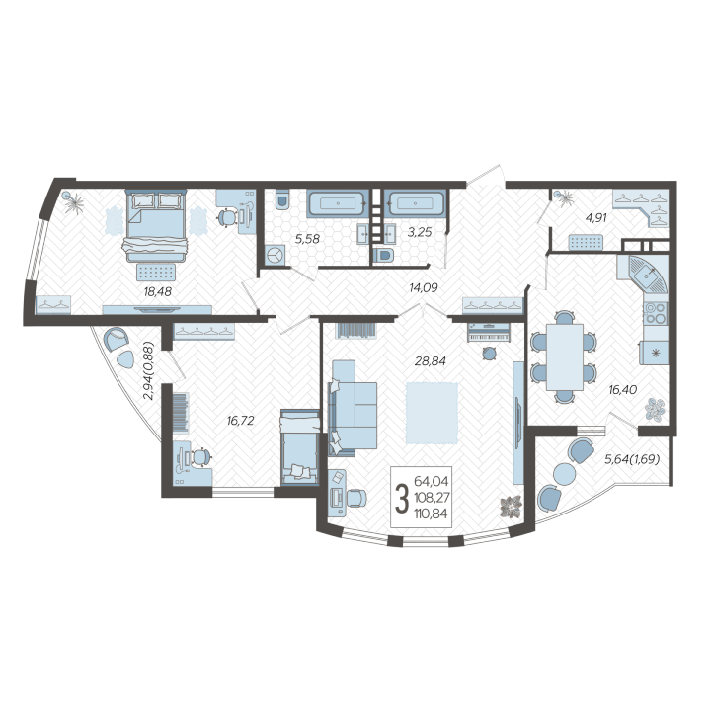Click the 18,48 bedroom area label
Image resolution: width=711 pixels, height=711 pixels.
tap(158, 291)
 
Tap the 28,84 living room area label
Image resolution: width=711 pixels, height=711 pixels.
tap(431, 361)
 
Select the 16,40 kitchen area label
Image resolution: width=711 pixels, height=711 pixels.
tap(622, 389)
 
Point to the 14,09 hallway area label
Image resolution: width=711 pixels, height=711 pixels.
tap(423, 287)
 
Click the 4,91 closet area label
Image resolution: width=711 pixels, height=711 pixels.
tap(595, 217)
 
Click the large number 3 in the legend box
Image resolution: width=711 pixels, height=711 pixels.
tap(401, 498)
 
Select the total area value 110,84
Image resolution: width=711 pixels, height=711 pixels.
tap(431, 513)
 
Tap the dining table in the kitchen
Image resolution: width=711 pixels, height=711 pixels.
tap(565, 356)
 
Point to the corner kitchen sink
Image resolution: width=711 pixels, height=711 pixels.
tap(648, 275)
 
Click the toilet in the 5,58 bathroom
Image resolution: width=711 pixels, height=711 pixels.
tap(282, 199)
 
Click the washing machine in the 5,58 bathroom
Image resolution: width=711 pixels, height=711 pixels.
tap(275, 256)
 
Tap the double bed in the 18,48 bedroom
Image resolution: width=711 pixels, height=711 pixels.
tap(156, 226)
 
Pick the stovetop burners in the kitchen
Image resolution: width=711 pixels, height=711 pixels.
tap(656, 313)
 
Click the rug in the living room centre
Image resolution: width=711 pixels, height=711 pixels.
tap(433, 413)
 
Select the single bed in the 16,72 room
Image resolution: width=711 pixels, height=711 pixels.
tap(300, 447)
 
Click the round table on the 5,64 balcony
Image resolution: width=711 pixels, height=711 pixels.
tap(565, 474)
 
